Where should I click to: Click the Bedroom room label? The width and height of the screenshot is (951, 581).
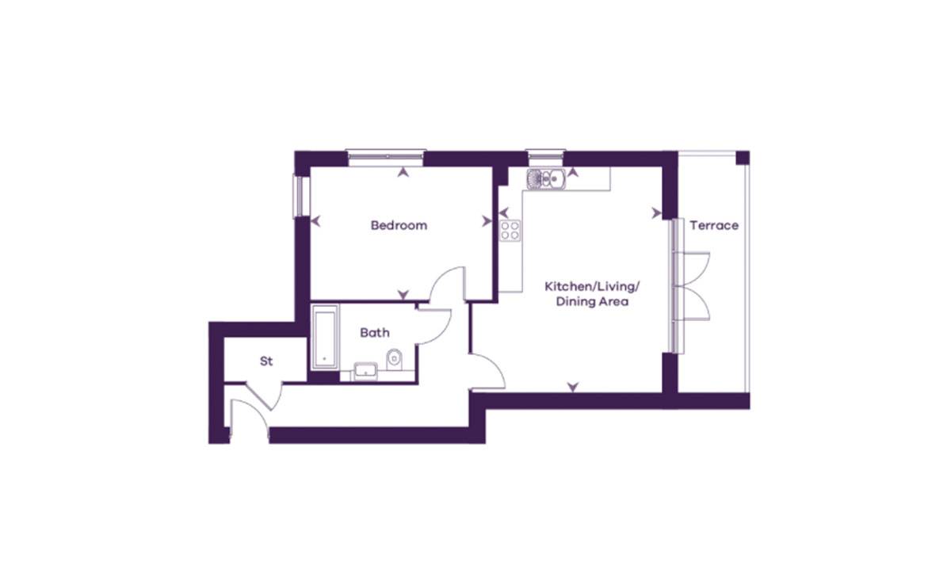tap(399, 225)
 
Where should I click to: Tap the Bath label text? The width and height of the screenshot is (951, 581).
tap(374, 333)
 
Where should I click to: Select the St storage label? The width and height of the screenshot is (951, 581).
tap(266, 361)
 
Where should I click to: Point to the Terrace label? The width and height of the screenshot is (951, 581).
tap(713, 225)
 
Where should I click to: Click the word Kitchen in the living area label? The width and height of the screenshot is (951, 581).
tap(566, 285)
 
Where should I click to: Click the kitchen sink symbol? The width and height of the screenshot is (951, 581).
tap(545, 180)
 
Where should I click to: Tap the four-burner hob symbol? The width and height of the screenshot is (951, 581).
tap(510, 231)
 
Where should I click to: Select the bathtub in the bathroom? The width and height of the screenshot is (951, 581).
tap(325, 338)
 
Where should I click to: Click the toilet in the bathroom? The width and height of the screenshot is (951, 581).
tap(395, 361)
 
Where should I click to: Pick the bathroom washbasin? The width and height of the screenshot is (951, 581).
tap(365, 369)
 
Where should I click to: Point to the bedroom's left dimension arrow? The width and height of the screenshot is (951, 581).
tap(315, 222)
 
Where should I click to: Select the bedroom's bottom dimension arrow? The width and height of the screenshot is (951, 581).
tap(404, 294)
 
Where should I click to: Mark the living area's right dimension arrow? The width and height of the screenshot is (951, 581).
tap(657, 212)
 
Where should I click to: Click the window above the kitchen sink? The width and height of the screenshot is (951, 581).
tap(544, 155)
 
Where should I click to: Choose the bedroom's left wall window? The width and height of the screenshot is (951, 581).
tap(299, 195)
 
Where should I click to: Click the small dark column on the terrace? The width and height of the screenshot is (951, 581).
tap(742, 157)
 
